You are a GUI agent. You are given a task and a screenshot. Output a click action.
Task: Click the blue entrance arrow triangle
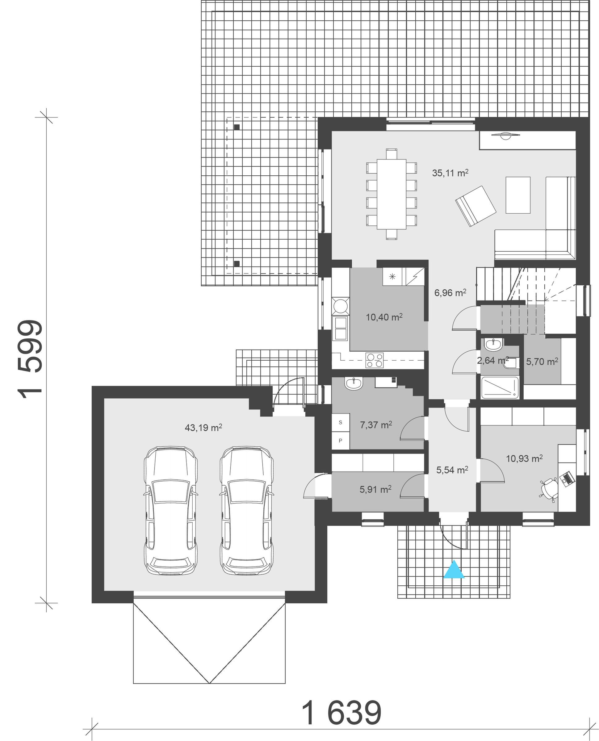click(454, 570)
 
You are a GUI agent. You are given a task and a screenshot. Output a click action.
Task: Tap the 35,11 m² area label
click(450, 173)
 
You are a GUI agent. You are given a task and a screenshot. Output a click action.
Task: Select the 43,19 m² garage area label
click(203, 428)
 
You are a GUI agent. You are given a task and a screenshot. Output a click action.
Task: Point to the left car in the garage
click(171, 511)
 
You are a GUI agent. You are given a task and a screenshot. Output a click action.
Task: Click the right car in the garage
click(247, 511)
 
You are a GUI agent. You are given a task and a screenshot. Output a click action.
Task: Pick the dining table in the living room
click(391, 194)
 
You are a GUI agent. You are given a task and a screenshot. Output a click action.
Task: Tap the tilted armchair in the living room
click(475, 206)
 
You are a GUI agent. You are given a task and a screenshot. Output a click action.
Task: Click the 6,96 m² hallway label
click(450, 293)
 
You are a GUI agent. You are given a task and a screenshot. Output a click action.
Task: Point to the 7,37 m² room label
click(376, 425)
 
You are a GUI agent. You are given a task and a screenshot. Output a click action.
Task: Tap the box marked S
click(341, 423)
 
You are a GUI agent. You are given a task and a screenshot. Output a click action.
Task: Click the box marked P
click(341, 441)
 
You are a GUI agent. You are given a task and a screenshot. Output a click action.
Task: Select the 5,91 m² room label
click(375, 489)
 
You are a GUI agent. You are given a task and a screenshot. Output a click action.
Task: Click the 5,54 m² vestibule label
click(452, 470)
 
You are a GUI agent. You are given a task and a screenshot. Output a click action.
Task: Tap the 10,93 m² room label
click(525, 458)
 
